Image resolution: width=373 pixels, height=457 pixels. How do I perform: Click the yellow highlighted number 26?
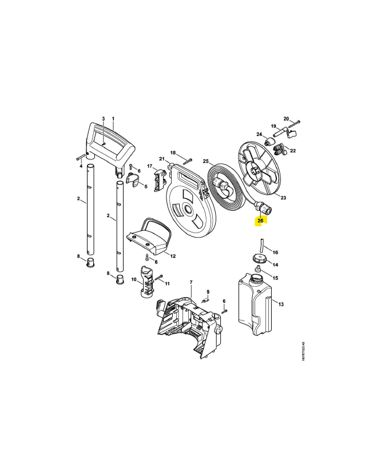click(260, 221)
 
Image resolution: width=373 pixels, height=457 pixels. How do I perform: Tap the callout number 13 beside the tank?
click(281, 304)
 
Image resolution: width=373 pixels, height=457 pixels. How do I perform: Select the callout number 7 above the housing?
click(191, 282)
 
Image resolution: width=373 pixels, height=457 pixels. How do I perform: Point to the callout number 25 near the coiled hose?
click(206, 161)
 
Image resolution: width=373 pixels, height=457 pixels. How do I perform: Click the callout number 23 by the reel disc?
click(283, 198)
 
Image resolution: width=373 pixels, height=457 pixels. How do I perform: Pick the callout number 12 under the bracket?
click(173, 256)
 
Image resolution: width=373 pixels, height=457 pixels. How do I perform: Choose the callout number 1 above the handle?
click(113, 119)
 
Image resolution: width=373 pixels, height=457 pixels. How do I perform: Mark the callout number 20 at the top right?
click(286, 119)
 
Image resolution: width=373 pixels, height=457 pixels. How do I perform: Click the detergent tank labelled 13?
click(255, 304)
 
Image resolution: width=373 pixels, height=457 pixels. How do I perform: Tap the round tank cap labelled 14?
click(260, 258)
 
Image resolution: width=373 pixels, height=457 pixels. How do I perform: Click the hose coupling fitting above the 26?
click(262, 207)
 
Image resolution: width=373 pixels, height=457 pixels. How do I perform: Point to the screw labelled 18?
click(188, 161)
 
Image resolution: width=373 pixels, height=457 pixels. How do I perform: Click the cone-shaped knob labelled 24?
click(269, 142)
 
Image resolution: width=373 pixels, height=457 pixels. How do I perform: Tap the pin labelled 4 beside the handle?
click(80, 158)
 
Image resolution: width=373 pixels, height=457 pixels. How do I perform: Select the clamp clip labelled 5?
click(133, 181)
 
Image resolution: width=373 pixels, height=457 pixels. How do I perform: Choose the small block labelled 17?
click(160, 181)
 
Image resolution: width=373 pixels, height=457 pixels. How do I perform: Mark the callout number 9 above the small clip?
click(208, 292)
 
